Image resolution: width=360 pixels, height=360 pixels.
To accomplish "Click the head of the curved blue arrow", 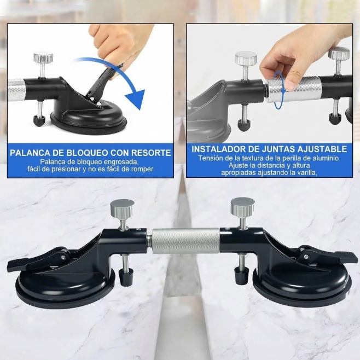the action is pos(136,99).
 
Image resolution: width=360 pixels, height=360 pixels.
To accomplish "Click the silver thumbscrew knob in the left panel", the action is pos(43,57).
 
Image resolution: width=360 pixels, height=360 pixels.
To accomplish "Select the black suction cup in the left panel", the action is pos(89,117).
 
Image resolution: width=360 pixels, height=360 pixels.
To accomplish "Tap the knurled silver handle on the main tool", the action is pos(185,241).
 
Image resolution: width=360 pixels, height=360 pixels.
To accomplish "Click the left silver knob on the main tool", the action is pos(122,206).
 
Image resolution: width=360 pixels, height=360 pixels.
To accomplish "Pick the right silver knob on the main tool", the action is pos(243,205).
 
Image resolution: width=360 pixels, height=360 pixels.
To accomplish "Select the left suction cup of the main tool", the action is pos(65,284).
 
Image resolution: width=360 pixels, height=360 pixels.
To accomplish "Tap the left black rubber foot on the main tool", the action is pos(124,277).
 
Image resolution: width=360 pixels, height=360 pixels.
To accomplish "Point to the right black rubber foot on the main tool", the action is pos(241,276).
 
